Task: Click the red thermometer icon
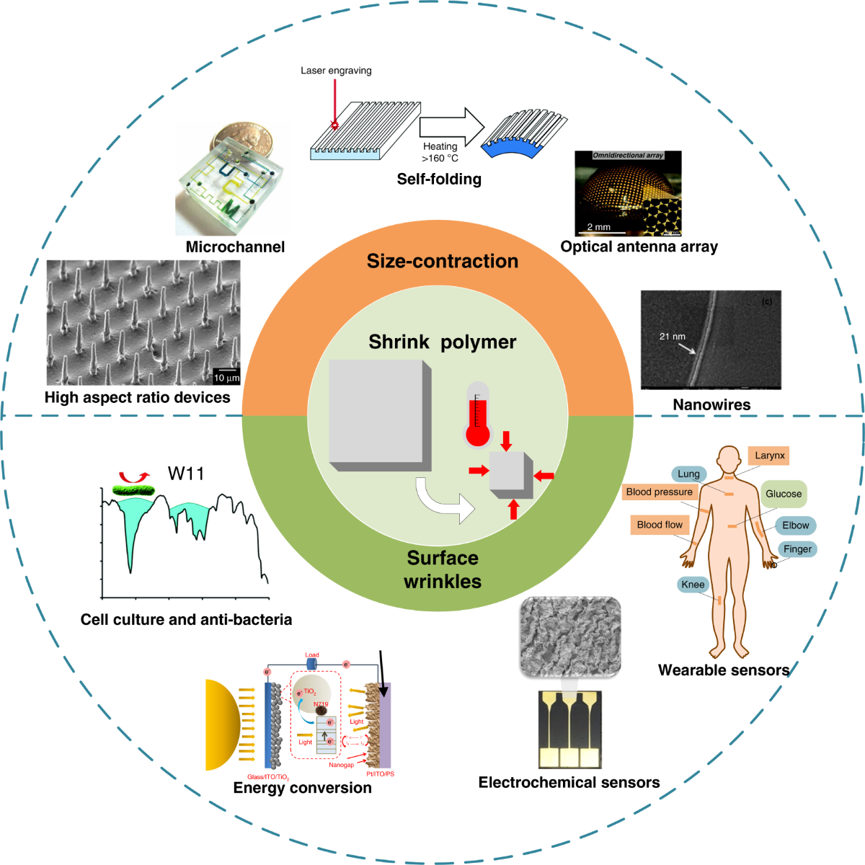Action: [x=477, y=417]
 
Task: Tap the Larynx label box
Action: [x=769, y=456]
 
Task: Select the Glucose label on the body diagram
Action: [x=783, y=494]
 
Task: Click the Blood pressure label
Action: [x=659, y=492]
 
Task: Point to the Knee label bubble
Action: [x=693, y=585]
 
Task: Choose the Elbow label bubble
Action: [x=795, y=525]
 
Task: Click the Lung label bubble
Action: [x=688, y=474]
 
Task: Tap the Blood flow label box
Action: [x=659, y=525]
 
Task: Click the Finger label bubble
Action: [x=797, y=549]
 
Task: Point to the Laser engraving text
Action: [x=336, y=71]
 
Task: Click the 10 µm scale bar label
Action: [x=226, y=378]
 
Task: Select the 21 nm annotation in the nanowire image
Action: [x=672, y=337]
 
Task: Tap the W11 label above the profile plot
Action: [x=186, y=474]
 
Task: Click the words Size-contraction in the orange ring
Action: [x=442, y=261]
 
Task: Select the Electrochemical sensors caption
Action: [x=569, y=783]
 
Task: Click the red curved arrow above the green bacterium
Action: [x=133, y=476]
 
